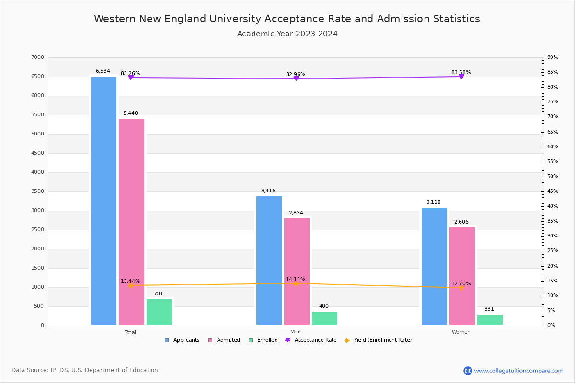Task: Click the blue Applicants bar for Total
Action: click(103, 201)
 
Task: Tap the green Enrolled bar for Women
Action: click(490, 320)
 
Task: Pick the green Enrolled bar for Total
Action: click(159, 312)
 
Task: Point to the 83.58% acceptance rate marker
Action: click(461, 77)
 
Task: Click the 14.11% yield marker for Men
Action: click(296, 283)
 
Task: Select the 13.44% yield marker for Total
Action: click(130, 285)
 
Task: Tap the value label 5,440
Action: click(130, 113)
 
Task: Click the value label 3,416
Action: click(268, 191)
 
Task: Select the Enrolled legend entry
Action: click(267, 340)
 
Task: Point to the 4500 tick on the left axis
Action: click(38, 153)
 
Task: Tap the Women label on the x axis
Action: click(461, 332)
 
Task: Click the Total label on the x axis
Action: click(130, 332)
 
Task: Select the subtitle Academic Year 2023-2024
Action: click(287, 34)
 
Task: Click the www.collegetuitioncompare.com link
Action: click(518, 371)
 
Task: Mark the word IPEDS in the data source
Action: click(59, 370)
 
